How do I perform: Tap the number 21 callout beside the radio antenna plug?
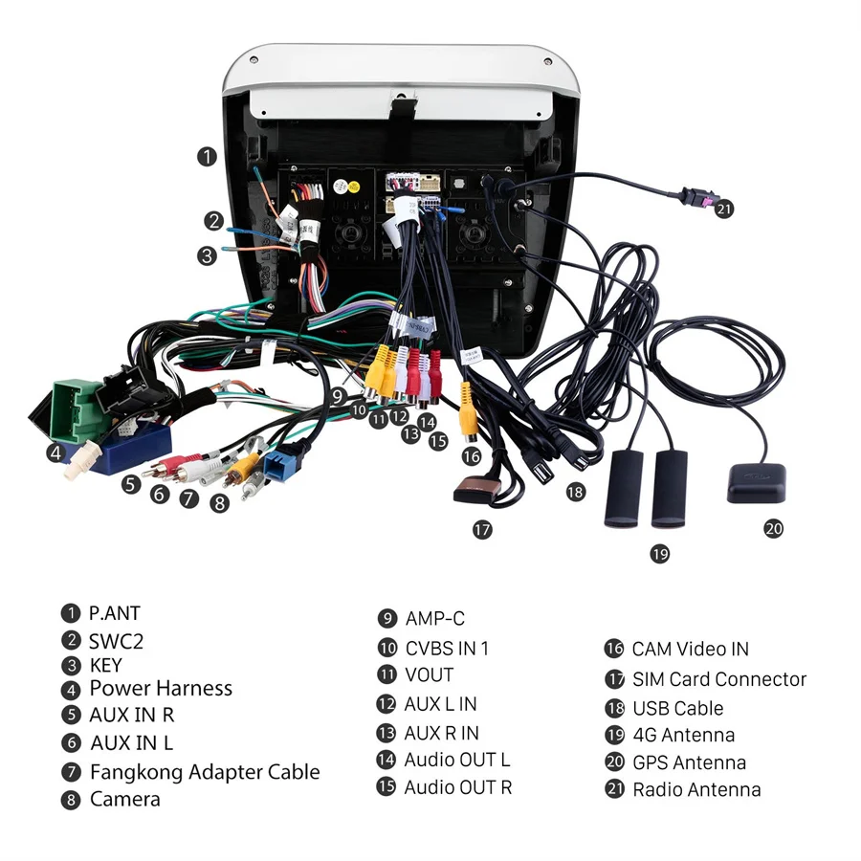[724, 209]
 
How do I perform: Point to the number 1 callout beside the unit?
[208, 156]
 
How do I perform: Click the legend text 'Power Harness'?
[161, 688]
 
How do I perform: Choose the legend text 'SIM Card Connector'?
[718, 679]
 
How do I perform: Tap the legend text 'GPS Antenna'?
[689, 762]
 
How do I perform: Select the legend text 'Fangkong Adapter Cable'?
[205, 771]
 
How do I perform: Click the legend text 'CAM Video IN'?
[690, 649]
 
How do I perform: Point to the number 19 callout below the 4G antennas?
[660, 553]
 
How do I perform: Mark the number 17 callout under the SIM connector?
[482, 528]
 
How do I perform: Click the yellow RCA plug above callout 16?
[469, 407]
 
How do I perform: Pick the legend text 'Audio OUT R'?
[457, 787]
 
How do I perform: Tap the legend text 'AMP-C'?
[434, 618]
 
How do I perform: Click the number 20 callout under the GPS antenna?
[773, 528]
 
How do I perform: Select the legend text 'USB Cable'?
[677, 709]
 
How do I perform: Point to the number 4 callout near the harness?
[55, 453]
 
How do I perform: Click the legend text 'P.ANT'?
[114, 613]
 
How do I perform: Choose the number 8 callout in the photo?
[220, 501]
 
